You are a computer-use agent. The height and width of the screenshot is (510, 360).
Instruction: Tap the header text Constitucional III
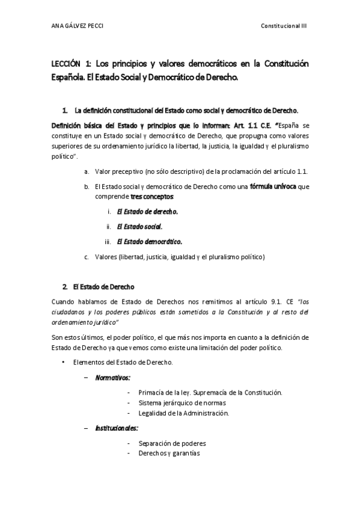284,26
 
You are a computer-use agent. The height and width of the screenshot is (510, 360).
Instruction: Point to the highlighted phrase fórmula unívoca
273,186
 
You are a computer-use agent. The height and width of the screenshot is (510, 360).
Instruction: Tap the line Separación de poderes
172,443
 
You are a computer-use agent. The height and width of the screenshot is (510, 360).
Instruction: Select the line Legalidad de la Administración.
183,413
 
